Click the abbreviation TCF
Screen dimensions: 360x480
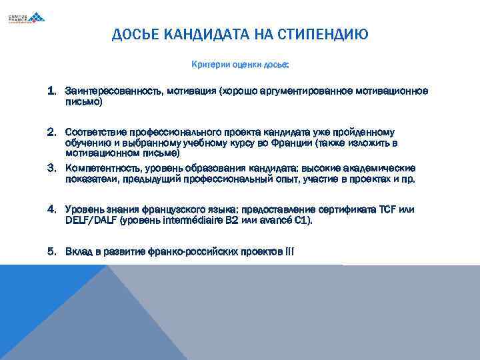[387, 209]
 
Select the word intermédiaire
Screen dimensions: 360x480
[188, 220]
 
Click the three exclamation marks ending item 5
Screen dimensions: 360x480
[289, 251]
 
